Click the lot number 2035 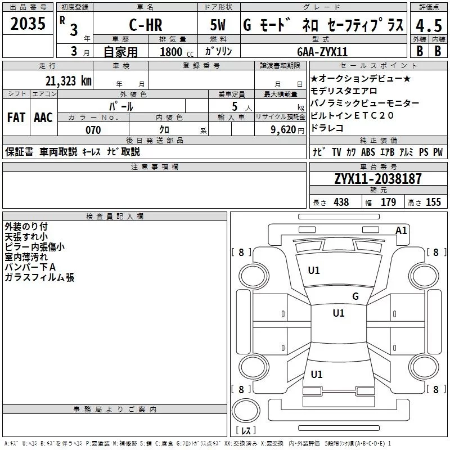(x=28, y=24)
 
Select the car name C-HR (x=146, y=25)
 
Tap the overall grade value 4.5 (x=429, y=25)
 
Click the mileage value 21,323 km (x=68, y=81)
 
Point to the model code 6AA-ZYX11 (x=322, y=52)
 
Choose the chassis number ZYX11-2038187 (x=378, y=179)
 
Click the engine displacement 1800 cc (x=177, y=52)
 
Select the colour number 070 (x=93, y=130)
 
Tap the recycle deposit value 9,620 (x=283, y=130)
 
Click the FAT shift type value (x=16, y=118)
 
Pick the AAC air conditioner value (x=43, y=118)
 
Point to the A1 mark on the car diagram (x=401, y=231)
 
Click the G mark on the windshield (x=355, y=296)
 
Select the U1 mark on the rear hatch (x=317, y=375)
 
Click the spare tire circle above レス (x=246, y=411)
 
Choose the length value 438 (x=341, y=202)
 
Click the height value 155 (x=433, y=202)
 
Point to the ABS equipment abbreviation (x=368, y=152)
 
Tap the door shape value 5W (x=218, y=25)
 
